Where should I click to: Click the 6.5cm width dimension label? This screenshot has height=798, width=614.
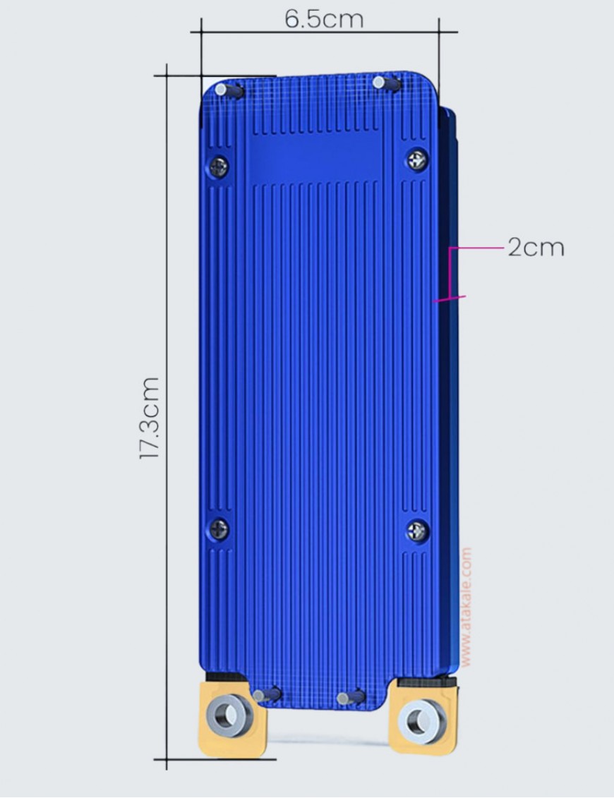tap(324, 19)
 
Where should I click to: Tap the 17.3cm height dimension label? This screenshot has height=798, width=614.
tap(150, 418)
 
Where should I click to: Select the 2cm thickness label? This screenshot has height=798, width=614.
tap(536, 248)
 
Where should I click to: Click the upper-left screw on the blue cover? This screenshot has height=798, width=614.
tap(219, 167)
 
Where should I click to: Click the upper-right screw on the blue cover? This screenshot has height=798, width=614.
tap(417, 159)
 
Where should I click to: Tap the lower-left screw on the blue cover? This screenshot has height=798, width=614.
tap(219, 527)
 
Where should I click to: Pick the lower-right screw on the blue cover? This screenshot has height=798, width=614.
tap(417, 530)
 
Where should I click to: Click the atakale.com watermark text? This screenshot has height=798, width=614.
tap(466, 607)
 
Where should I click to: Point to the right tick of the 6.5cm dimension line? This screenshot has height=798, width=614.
tap(439, 31)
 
